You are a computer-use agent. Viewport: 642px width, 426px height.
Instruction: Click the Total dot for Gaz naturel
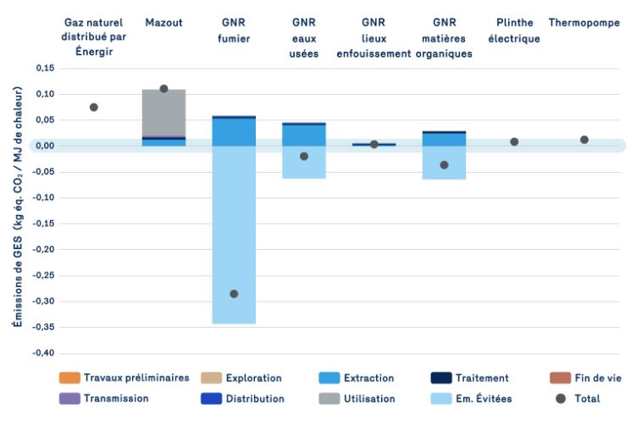[x=94, y=108]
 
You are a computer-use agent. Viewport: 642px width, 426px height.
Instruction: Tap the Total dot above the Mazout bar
[x=163, y=89]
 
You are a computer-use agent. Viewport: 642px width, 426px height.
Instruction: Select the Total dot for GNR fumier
[x=234, y=294]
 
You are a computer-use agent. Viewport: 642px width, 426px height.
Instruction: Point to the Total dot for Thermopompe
[x=584, y=140]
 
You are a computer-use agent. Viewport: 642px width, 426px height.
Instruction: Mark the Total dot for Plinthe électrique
[x=514, y=142]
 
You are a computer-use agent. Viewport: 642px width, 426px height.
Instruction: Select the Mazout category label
[x=163, y=23]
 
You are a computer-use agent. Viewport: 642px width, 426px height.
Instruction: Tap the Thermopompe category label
[x=584, y=23]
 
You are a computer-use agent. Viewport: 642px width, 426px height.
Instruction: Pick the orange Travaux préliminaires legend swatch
[x=69, y=379]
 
